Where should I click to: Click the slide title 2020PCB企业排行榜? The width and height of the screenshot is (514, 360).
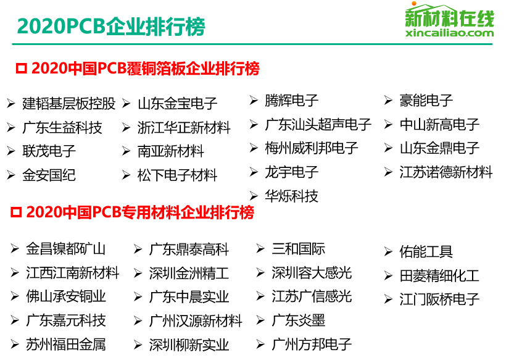coord(111,27)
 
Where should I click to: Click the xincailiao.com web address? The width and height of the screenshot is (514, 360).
coord(449,33)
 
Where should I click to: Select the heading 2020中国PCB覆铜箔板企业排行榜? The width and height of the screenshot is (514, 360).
coord(145,69)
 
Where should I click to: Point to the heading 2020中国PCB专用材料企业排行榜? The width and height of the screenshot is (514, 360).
coord(140,212)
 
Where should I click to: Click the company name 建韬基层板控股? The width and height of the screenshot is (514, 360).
coord(69,104)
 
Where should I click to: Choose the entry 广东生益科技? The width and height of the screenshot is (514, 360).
coord(62,128)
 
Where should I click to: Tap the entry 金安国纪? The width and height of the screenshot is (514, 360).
coord(49,175)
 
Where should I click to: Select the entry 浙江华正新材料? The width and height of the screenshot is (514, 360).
coord(184,128)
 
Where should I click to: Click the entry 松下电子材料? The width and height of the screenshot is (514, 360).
coord(177,175)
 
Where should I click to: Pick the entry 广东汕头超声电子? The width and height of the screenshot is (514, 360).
coord(318,124)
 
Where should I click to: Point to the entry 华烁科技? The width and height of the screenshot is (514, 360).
coord(291,196)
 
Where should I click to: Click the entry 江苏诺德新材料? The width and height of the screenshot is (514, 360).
coord(446,172)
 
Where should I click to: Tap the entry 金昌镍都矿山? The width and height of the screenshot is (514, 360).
coord(65,249)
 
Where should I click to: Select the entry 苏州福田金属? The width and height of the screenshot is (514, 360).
coord(65,345)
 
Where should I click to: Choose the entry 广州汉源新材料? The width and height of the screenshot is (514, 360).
coord(196,320)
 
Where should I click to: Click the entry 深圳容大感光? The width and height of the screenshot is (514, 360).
coord(312,273)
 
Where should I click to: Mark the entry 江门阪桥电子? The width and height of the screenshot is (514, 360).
coord(439,299)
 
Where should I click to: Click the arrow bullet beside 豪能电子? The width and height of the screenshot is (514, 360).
coord(388,101)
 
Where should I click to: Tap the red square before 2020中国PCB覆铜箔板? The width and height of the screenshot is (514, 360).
coord(22,69)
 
